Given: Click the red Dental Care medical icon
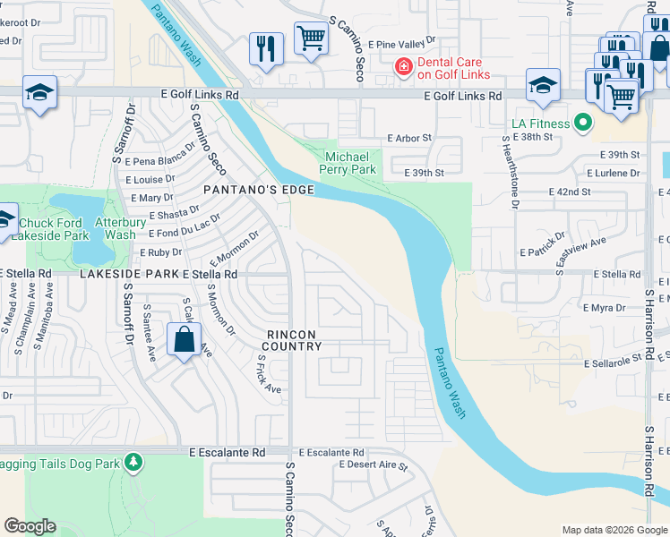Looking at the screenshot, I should coord(403,66).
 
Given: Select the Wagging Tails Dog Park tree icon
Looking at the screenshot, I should coord(133,462).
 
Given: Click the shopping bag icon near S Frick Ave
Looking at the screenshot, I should coord(183,341).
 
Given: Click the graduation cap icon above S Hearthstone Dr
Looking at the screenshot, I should coord(543,86).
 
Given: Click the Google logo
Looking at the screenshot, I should coord(30,526).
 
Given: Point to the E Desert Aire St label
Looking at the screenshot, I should coord(374,466).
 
